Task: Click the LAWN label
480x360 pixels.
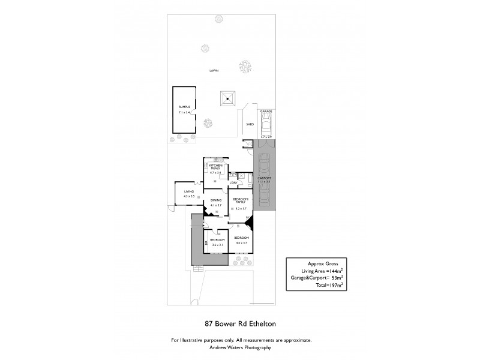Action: [x=214, y=70]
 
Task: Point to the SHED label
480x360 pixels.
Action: [x=250, y=124]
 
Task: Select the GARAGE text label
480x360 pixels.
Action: [x=266, y=112]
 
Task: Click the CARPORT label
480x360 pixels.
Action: [x=265, y=178]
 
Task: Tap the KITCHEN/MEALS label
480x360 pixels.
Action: [x=214, y=167]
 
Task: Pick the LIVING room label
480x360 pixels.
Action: [x=188, y=191]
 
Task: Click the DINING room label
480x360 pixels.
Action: [x=216, y=200]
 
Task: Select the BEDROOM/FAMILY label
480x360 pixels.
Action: [x=241, y=200]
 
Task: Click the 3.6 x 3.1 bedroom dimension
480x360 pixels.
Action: [x=217, y=244]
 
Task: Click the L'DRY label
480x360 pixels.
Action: [x=234, y=182]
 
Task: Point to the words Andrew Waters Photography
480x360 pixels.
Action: [x=240, y=347]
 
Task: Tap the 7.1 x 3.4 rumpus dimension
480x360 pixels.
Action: [x=184, y=112]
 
